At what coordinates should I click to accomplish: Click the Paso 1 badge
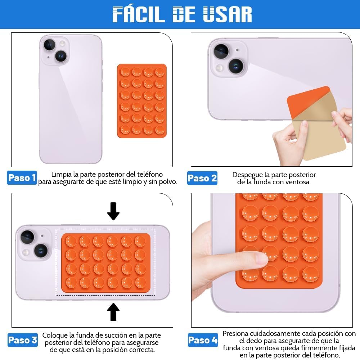point(22,178)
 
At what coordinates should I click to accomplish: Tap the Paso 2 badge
point(202,178)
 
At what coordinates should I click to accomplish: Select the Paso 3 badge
point(22,340)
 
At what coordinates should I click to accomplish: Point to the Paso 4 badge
point(203,340)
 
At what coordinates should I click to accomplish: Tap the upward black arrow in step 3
point(113,312)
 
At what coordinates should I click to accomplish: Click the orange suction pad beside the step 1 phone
point(142,101)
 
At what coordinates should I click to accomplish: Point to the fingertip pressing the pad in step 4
point(262,259)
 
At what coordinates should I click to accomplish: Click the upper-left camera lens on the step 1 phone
point(49,45)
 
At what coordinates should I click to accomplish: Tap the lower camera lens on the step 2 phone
point(236,66)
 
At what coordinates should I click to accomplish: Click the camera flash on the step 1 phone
point(62,43)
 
